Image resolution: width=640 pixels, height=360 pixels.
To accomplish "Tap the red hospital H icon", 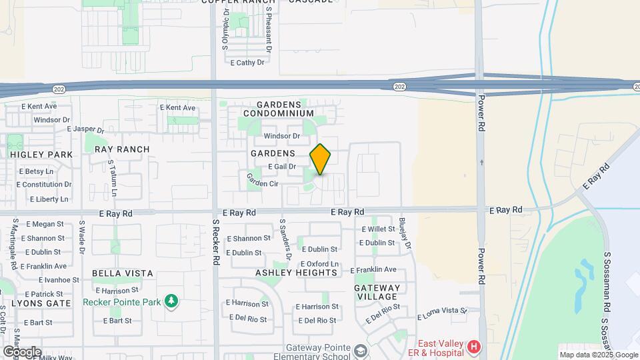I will point(473,347).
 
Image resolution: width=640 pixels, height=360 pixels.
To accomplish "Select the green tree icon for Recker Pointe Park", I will point(172,301).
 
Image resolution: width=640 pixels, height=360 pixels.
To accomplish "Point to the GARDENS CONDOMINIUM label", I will point(287,109).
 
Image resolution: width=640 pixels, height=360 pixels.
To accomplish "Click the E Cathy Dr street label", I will point(247,63).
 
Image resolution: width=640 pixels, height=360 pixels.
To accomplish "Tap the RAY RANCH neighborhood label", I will point(122,149).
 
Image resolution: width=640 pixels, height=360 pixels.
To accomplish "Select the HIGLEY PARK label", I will point(41,154).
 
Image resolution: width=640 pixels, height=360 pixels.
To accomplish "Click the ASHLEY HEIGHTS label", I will point(297,273).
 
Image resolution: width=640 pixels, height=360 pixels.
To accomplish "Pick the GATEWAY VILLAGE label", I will point(377,293).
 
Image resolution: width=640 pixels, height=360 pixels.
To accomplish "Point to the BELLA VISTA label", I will point(123,273).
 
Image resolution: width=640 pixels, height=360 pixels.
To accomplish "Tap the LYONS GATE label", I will point(41,303).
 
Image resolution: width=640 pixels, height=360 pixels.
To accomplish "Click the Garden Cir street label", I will point(262,179).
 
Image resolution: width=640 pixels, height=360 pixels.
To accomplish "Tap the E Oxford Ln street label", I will point(320,264).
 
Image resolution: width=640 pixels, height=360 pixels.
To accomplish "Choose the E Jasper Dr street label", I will point(86,130).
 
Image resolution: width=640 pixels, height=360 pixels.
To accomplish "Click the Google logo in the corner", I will point(22,351).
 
